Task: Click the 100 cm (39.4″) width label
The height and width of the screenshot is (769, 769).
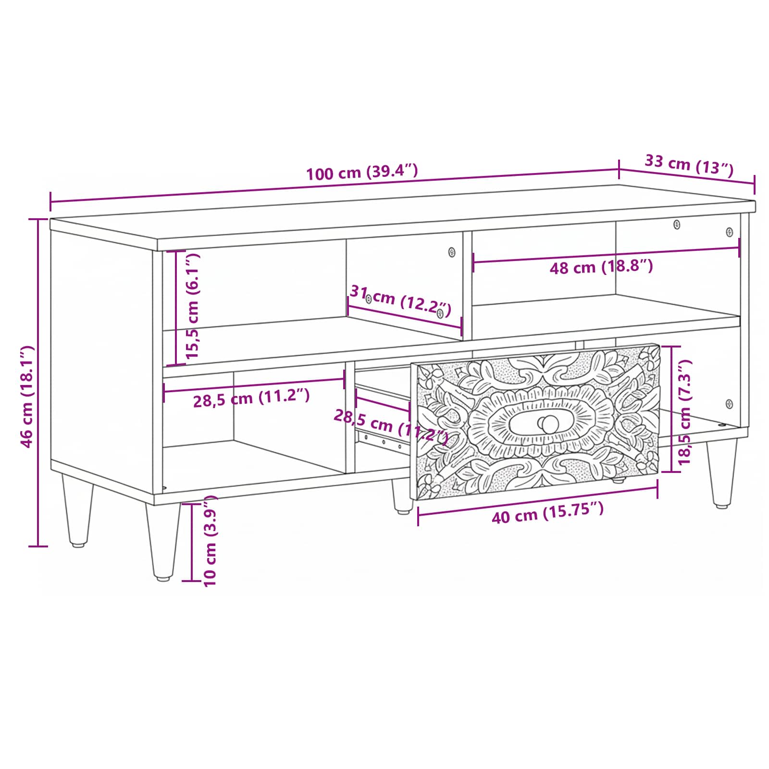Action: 362,172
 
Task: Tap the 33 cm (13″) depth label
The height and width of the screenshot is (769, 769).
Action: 689,165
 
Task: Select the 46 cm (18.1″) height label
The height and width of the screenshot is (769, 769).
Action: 27,396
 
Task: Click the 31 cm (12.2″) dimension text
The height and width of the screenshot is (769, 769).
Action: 400,301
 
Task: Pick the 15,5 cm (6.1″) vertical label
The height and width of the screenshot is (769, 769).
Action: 192,306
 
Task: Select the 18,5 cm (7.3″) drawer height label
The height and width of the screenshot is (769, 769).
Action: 684,412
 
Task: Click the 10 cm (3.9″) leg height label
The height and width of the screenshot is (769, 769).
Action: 210,541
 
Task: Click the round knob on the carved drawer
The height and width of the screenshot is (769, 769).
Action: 548,423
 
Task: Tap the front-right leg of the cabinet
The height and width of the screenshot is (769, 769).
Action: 721,473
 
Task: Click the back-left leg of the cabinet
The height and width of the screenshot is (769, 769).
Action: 77,510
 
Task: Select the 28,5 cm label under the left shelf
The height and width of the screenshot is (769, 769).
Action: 251,398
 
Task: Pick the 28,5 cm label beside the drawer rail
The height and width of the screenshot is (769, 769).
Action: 391,425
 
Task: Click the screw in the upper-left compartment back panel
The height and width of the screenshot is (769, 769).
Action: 451,252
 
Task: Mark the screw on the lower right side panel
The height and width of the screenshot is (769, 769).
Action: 729,404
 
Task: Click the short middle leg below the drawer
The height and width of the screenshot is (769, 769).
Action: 402,496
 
